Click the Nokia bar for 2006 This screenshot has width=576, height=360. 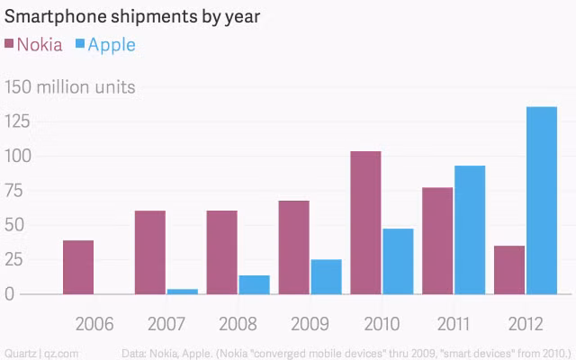(78, 267)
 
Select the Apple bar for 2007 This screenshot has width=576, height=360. (183, 292)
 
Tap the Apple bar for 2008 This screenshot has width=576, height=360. (254, 284)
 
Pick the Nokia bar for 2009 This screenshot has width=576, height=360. (294, 247)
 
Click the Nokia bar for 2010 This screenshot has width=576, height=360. (366, 222)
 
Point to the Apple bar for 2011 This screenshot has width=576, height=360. (470, 230)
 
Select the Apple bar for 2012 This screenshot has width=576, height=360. (542, 201)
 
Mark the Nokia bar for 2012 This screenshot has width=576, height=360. (509, 270)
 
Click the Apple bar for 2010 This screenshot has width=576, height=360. (398, 262)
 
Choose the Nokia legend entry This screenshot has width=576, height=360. (33, 45)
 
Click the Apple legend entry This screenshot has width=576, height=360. (106, 45)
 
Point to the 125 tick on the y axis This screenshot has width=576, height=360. (17, 121)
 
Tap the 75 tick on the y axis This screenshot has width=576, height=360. (14, 190)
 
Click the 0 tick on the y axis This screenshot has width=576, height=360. (10, 294)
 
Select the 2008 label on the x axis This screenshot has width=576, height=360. (238, 324)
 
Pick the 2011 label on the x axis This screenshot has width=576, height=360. (454, 324)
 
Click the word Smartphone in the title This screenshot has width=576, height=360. (55, 17)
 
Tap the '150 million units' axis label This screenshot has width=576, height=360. (70, 87)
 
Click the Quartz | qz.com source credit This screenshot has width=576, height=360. (41, 354)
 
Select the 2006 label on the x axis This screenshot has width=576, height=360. (94, 324)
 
